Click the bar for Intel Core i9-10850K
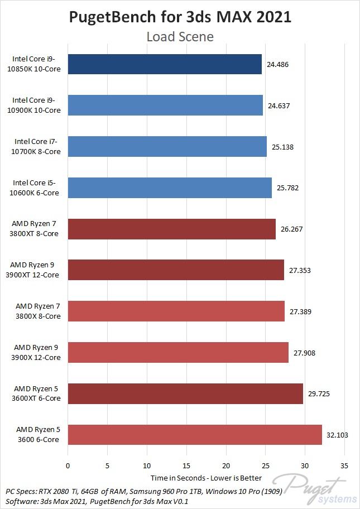[x=165, y=64]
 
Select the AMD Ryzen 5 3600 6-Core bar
[x=195, y=435]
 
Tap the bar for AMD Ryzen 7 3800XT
[x=172, y=229]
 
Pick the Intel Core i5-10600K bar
[x=170, y=188]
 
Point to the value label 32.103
[x=337, y=435]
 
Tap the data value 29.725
[x=318, y=393]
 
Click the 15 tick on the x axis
[x=186, y=465]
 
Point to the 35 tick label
[x=344, y=465]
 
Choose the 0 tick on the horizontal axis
[x=68, y=465]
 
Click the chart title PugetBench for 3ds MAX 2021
[x=180, y=17]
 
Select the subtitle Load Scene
[x=180, y=37]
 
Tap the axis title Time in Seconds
[x=206, y=478]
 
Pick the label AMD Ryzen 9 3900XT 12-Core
[x=36, y=270]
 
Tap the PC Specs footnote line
[x=144, y=491]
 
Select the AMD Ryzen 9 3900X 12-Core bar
[x=178, y=352]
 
